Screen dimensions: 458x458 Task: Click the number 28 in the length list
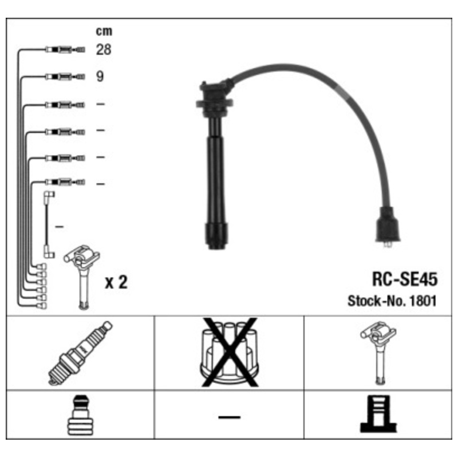[104, 50]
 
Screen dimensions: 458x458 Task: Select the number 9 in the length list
[100, 77]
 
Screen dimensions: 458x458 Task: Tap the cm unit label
[104, 31]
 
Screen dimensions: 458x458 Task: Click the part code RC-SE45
[405, 279]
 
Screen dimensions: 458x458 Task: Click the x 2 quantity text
[116, 282]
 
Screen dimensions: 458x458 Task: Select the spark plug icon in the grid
[80, 353]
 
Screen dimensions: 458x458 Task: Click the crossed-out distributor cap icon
[230, 353]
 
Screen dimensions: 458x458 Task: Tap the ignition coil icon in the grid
[378, 353]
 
